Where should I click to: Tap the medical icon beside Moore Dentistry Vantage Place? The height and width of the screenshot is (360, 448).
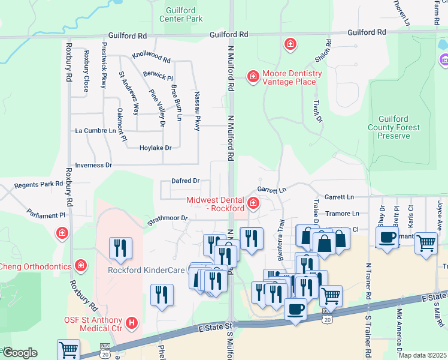pos(253,76)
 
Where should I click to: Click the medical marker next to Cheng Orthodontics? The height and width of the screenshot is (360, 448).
pos(81,265)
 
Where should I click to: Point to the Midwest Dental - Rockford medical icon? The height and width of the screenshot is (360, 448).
pos(253,204)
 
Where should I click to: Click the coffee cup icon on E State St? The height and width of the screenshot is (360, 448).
pos(295,309)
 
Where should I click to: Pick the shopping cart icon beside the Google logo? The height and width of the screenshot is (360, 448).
pos(69,349)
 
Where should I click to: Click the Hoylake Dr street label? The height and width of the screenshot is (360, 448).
pos(155,148)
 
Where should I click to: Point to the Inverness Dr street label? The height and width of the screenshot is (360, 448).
pos(93,165)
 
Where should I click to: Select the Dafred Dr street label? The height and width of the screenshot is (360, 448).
pos(185,181)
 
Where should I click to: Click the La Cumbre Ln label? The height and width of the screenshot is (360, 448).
pos(95,130)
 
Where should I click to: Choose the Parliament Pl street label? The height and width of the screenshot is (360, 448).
pos(46,214)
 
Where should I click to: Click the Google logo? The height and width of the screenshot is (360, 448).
pos(19,352)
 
